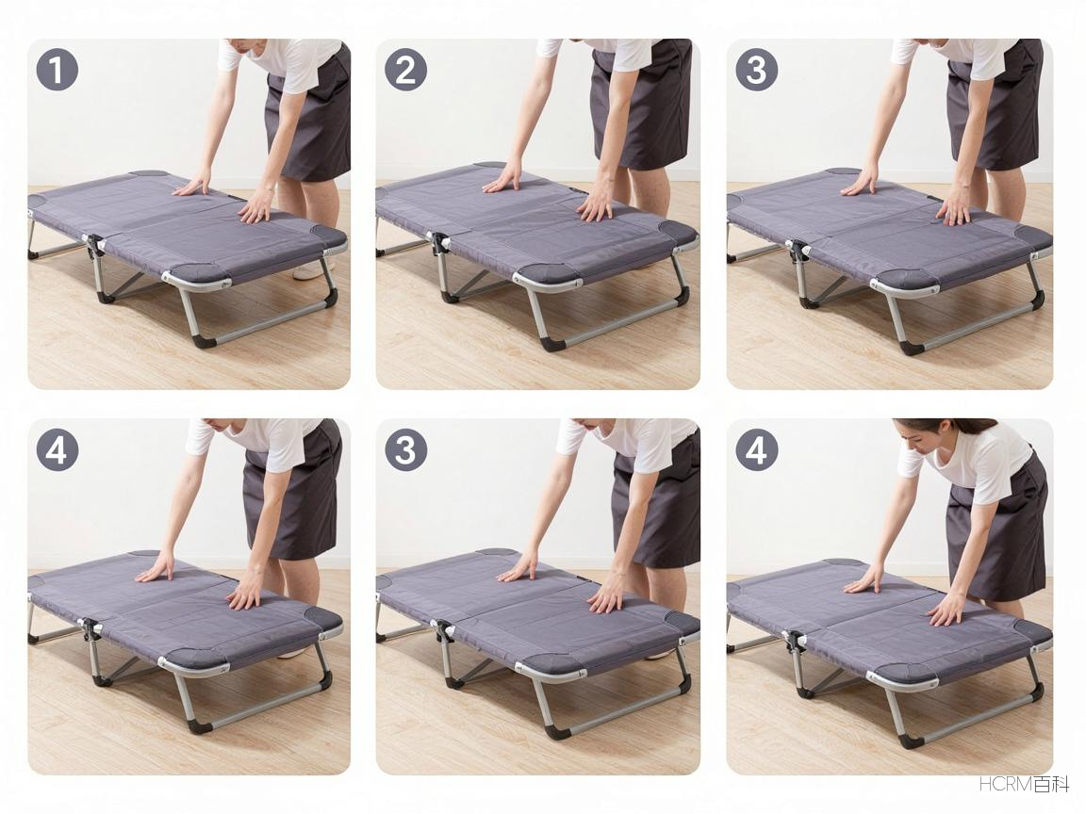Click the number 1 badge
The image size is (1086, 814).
coord(57,70)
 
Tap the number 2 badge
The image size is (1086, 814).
coord(406,70)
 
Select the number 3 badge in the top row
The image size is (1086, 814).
coord(756,70)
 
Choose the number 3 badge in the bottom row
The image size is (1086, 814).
coord(406,450)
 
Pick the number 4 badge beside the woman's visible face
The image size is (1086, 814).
coord(756,450)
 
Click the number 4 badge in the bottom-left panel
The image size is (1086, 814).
coord(57,450)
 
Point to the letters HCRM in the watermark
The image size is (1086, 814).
coord(1006,784)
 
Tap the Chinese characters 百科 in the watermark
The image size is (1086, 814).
coord(1051,784)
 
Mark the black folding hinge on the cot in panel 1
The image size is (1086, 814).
coord(93,246)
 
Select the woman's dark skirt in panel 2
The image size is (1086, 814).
coord(641,104)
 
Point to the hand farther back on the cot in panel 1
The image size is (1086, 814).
coord(192,186)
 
